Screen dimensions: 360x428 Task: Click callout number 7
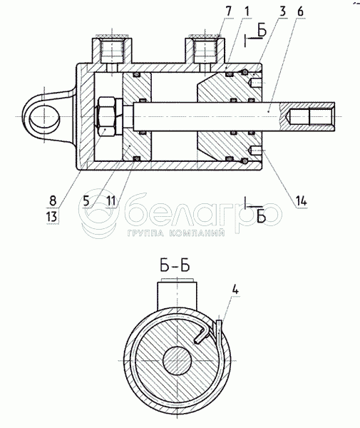coord(229,11)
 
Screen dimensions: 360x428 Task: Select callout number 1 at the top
coord(247,11)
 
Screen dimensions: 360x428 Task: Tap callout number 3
coord(283,11)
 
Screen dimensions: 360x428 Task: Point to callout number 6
coord(300,11)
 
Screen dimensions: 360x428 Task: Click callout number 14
coord(302,201)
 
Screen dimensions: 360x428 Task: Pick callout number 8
coord(53,201)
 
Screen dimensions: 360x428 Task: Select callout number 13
coord(52,217)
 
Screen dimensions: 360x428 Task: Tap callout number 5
coord(86,201)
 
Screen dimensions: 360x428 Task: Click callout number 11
coord(111,201)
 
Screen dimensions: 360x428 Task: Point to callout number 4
coord(235,290)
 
